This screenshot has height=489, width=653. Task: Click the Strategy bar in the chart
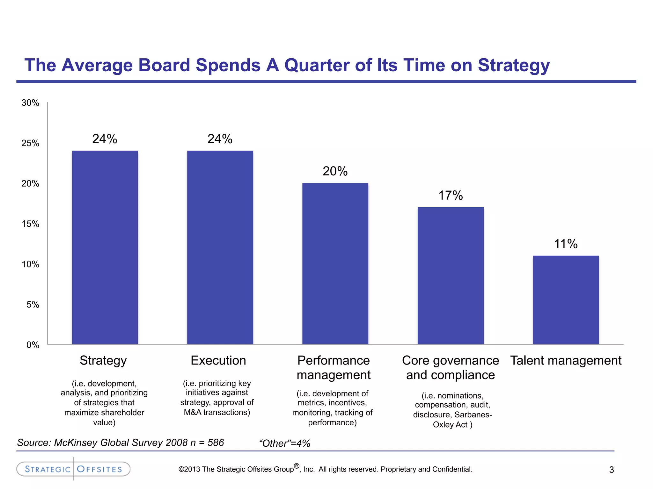coord(105,247)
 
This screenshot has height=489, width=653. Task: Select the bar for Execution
coord(220,247)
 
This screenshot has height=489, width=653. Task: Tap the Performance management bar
coord(335,264)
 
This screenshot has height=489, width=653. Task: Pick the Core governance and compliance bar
coord(451,276)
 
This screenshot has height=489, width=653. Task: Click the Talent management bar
coord(566,300)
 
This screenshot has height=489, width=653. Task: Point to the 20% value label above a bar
coord(335,171)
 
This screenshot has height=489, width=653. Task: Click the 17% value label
coord(451,195)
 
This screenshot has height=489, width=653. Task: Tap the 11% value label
coord(566,244)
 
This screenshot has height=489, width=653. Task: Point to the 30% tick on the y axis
coord(30,103)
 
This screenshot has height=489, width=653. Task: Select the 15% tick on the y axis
coord(30,224)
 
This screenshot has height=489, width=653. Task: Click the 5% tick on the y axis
coord(33,305)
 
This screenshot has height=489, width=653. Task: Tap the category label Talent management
coord(566,360)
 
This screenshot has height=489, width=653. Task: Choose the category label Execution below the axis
coord(218,360)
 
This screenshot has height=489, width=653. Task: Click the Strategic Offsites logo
coord(73,469)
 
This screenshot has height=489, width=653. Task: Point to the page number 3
coord(611,470)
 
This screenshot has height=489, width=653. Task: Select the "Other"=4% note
coord(285,443)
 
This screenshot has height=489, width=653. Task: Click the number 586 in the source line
coord(216,443)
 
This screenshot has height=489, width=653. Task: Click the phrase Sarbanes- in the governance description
coord(473,415)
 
